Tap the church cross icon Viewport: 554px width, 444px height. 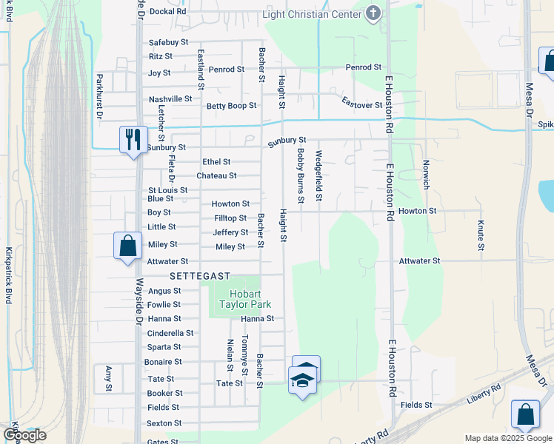(373, 13)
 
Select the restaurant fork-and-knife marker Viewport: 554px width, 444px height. (133, 139)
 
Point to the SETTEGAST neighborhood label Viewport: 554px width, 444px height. (196, 275)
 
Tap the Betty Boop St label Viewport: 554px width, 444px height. (231, 106)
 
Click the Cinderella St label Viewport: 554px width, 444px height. (170, 333)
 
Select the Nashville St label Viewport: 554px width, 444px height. (170, 99)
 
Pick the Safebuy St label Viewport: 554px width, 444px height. (170, 43)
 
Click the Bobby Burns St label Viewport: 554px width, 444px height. (301, 175)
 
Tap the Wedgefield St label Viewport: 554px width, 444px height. (318, 175)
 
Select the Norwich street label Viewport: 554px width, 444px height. (425, 175)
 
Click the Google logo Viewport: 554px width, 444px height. (24, 435)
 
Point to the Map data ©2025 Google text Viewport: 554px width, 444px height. (507, 438)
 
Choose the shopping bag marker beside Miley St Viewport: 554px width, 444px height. (127, 246)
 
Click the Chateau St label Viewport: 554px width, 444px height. (216, 176)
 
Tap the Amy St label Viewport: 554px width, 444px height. (108, 377)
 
